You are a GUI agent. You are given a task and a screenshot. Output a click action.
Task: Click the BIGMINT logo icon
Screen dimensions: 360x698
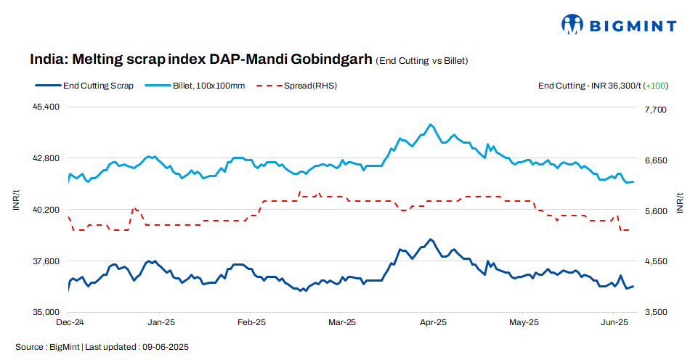coord(572,24)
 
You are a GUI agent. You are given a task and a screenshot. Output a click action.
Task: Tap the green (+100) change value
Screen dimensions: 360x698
coord(656,86)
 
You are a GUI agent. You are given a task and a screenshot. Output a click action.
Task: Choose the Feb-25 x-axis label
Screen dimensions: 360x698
coord(251,322)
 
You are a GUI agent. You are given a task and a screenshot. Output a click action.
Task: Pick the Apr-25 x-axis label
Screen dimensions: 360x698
coord(433,322)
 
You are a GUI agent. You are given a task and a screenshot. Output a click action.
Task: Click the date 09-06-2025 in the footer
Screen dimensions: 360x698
coord(166,347)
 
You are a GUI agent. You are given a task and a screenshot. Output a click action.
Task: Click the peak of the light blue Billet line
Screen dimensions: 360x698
coord(431,124)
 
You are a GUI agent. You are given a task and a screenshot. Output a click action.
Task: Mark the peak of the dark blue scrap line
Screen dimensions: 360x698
coord(431,239)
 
